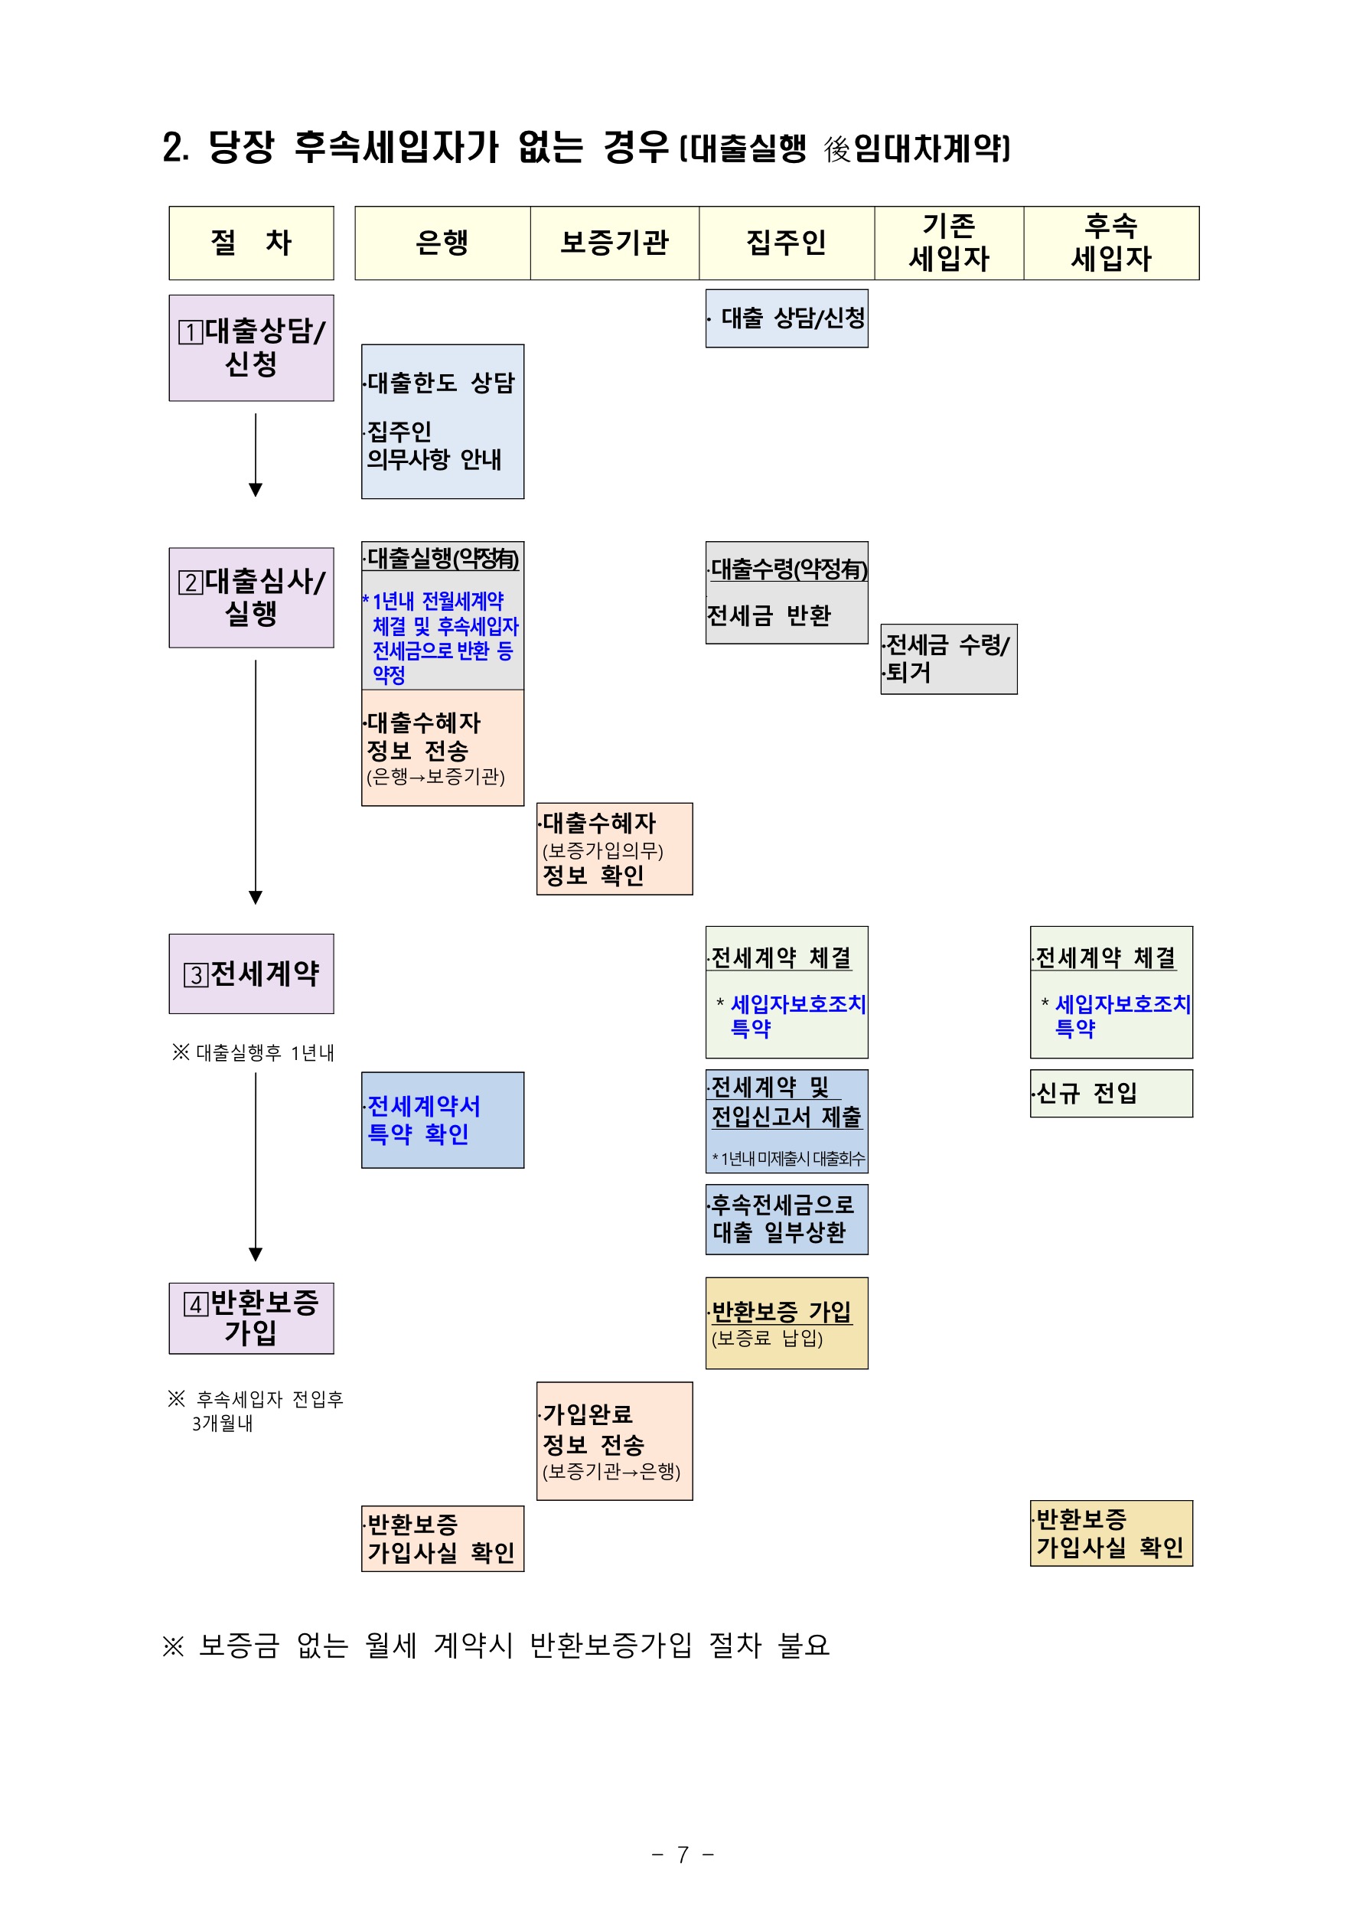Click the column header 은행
[x=442, y=243]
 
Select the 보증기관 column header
[x=614, y=243]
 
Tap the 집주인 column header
[x=787, y=243]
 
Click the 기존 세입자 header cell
[x=949, y=243]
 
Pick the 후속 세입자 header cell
[x=1111, y=243]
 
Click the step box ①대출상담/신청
[x=252, y=347]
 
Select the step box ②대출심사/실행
[x=252, y=597]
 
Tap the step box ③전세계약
[x=252, y=973]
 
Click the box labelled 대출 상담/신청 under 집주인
[x=787, y=318]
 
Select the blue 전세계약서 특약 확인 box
[x=442, y=1120]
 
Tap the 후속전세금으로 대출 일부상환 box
[x=787, y=1218]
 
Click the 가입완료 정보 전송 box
[x=614, y=1440]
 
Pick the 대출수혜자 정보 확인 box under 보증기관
[x=614, y=849]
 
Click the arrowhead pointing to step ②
[x=256, y=490]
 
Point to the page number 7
[x=683, y=1854]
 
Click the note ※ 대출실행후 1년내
[x=253, y=1052]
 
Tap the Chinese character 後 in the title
[x=837, y=150]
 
